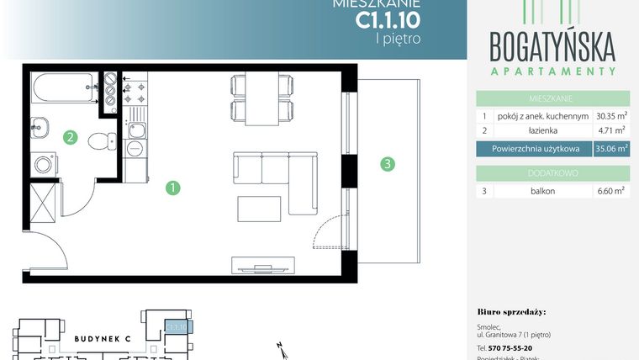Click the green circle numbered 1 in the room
[172, 188]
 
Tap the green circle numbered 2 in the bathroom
[71, 137]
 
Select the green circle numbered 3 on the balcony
[387, 164]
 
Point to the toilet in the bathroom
[102, 139]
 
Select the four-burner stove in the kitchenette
[135, 96]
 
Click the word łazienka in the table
[543, 130]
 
